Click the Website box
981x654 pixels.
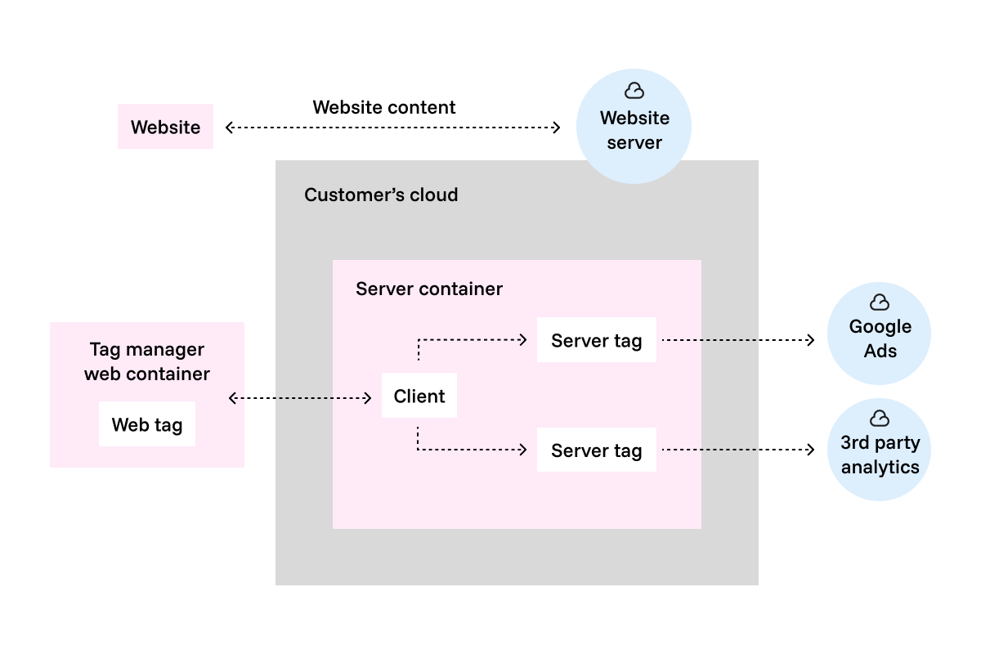165,127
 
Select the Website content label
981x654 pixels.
384,107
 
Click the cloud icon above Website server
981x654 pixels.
634,91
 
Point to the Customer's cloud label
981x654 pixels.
381,195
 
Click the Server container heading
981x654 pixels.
429,289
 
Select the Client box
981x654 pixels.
419,396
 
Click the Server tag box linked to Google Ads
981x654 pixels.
596,340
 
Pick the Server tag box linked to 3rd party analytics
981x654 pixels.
596,450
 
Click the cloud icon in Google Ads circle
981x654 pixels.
880,302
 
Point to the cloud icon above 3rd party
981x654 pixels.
880,419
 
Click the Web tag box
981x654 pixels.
147,424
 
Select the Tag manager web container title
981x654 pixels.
147,361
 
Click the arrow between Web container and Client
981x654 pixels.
300,398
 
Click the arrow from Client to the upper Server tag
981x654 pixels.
470,339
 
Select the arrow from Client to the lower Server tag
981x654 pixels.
470,449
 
